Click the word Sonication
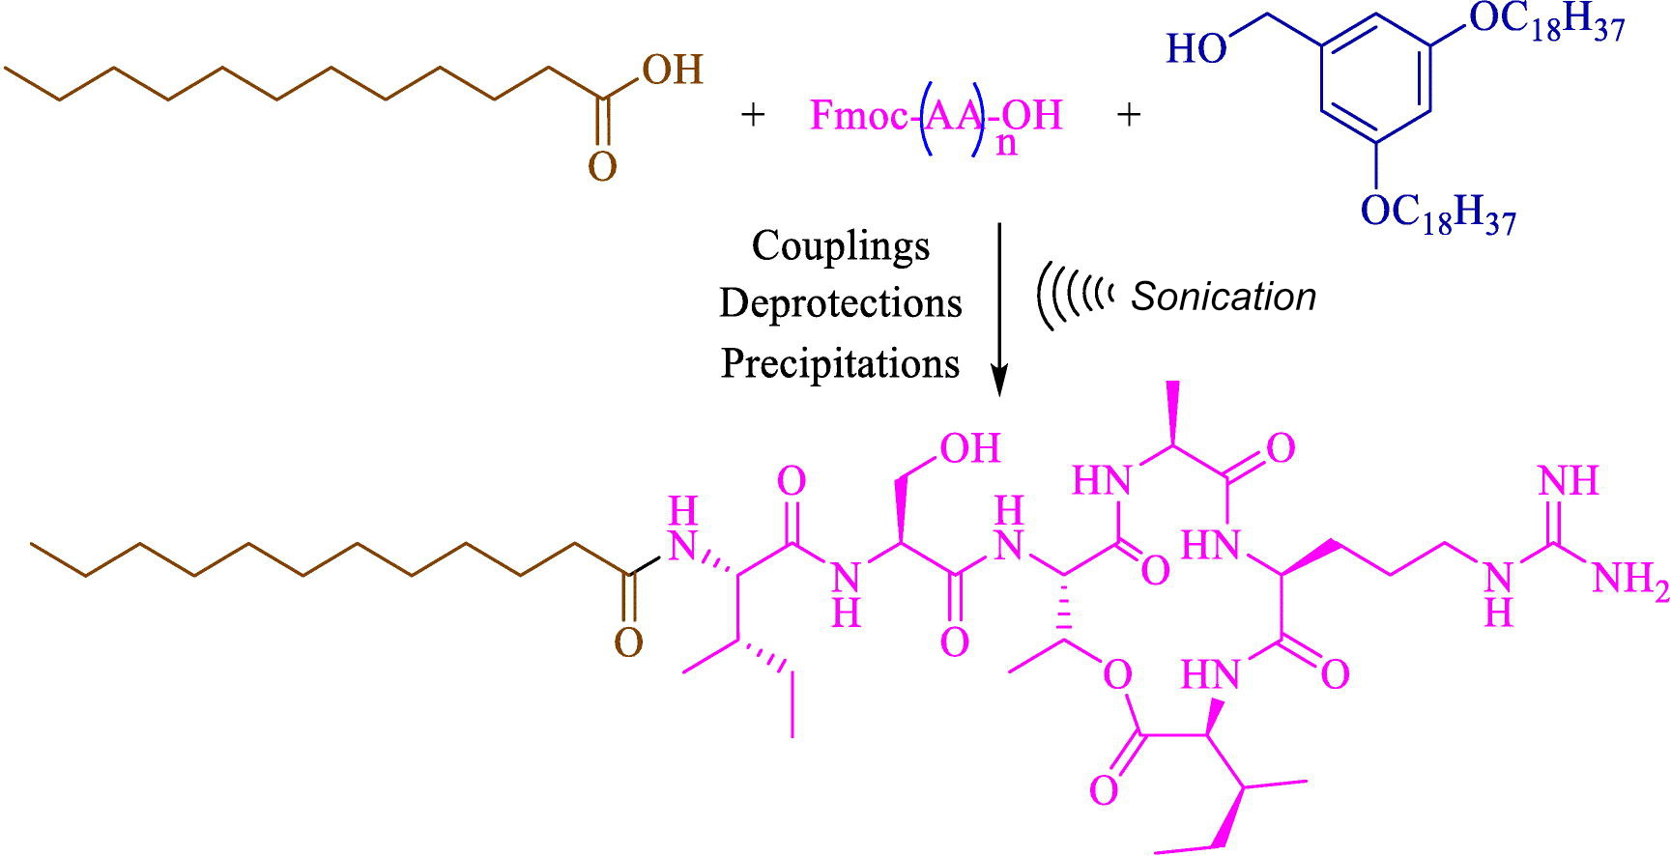(x=1224, y=297)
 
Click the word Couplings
(x=841, y=245)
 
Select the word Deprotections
(x=841, y=302)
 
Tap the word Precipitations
(x=841, y=363)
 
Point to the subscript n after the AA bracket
(x=1006, y=145)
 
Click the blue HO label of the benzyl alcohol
(x=1196, y=48)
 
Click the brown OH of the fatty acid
(x=673, y=70)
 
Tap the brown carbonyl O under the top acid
(x=602, y=166)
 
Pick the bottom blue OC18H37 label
(x=1438, y=212)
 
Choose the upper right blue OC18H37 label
(x=1547, y=21)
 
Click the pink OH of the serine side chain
(x=970, y=448)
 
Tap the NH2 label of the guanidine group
(x=1629, y=580)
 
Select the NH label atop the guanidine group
(x=1568, y=480)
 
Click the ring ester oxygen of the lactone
(x=1117, y=675)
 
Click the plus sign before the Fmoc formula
(x=752, y=115)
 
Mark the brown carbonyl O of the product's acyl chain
(x=628, y=642)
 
